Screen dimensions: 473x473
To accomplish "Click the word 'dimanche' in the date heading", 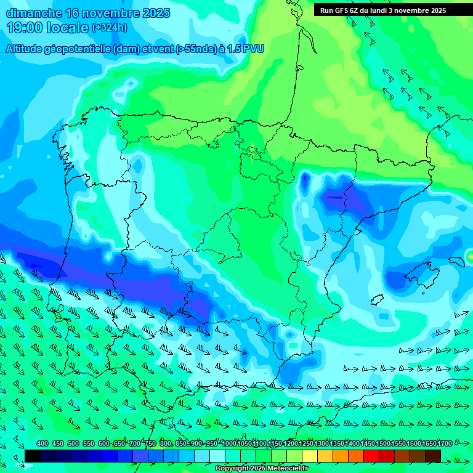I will pyautogui.click(x=34, y=13).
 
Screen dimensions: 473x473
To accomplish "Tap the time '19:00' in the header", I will pyautogui.click(x=25, y=27).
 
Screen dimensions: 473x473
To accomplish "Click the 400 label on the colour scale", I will pyautogui.click(x=42, y=444).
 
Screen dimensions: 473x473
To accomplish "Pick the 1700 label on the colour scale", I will pyautogui.click(x=428, y=444).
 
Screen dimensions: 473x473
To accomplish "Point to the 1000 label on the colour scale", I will pyautogui.click(x=229, y=444).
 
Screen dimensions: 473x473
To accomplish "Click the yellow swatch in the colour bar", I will pyautogui.click(x=310, y=456).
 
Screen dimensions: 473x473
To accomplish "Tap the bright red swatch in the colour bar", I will pyautogui.click(x=371, y=456).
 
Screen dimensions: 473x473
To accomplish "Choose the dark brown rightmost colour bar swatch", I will pyautogui.click(x=433, y=456).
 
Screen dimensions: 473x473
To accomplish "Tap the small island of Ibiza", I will pyautogui.click(x=376, y=299).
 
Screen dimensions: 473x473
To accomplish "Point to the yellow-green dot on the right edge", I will pyautogui.click(x=470, y=256).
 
